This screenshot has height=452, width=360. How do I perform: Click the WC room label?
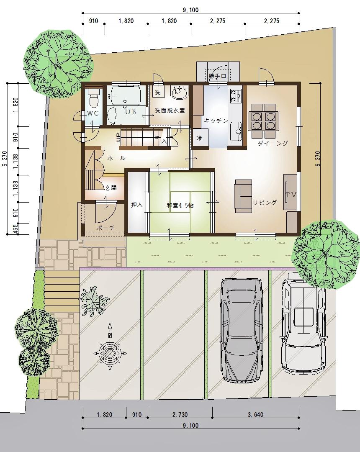(93, 113)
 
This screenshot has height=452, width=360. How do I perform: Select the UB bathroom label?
(130, 112)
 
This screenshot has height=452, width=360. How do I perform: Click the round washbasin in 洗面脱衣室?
(179, 93)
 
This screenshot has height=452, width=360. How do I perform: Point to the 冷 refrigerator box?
(199, 138)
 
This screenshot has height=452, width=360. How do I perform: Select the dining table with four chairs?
(263, 121)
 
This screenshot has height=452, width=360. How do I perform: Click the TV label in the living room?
(291, 195)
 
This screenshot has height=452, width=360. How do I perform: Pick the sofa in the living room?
(243, 196)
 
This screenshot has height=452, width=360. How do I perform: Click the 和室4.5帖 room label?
(180, 205)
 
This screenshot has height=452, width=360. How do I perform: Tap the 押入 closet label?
(137, 205)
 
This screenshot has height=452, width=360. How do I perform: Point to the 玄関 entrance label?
(111, 188)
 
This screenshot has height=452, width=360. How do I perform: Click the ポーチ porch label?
(105, 227)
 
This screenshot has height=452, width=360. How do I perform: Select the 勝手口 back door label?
(218, 76)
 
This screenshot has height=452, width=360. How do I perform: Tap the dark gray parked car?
(242, 330)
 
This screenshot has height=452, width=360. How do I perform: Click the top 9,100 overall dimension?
(190, 10)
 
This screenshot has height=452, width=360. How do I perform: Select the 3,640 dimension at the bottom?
(255, 414)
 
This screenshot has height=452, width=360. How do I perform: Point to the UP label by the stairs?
(118, 137)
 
